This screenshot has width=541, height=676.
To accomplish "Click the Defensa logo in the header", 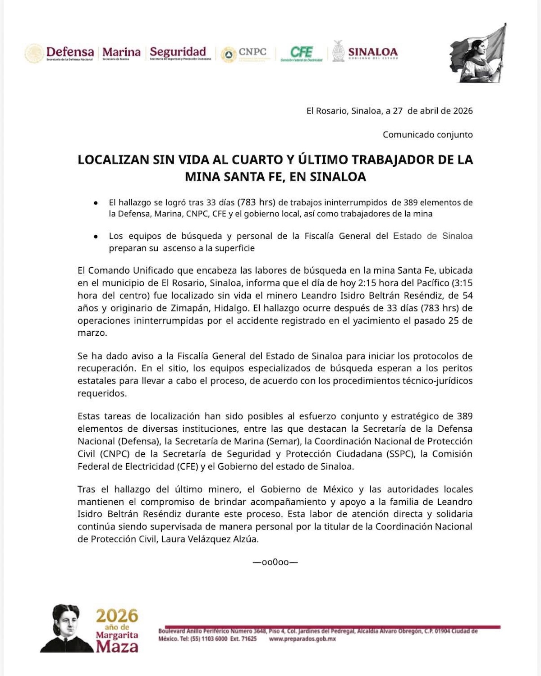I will pyautogui.click(x=60, y=53).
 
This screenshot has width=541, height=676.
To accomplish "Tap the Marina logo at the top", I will pyautogui.click(x=121, y=53).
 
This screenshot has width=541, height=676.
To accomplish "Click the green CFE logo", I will pyautogui.click(x=301, y=53).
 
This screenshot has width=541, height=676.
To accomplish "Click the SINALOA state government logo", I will pyautogui.click(x=365, y=53).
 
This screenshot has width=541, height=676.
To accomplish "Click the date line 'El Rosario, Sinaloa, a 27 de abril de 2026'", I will pyautogui.click(x=389, y=111).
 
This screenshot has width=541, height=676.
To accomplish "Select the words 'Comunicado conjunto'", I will pyautogui.click(x=427, y=134).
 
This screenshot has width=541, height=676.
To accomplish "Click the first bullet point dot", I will pyautogui.click(x=96, y=203).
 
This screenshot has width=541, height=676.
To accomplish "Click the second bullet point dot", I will pyautogui.click(x=96, y=237).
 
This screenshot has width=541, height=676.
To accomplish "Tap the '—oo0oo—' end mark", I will pyautogui.click(x=275, y=562).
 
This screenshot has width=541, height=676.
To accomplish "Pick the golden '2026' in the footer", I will pyautogui.click(x=117, y=616).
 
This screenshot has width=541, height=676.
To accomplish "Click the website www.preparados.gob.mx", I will pyautogui.click(x=302, y=639).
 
